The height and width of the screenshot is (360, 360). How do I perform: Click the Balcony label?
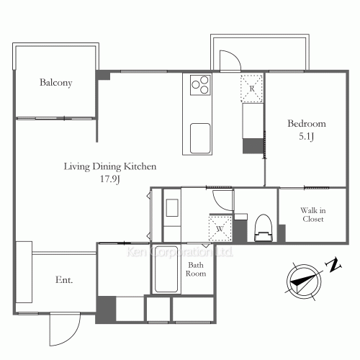pyautogui.click(x=55, y=83)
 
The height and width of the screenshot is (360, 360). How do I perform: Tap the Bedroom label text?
pyautogui.click(x=307, y=123)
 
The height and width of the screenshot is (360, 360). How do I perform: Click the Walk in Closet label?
pyautogui.click(x=312, y=214)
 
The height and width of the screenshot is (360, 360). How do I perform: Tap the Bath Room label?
pyautogui.click(x=197, y=269)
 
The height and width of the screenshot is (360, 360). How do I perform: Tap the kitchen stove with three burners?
pyautogui.click(x=199, y=87)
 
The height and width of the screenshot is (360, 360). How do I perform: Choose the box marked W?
pyautogui.click(x=220, y=228)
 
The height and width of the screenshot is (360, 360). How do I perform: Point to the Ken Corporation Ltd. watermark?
pyautogui.click(x=180, y=253)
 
